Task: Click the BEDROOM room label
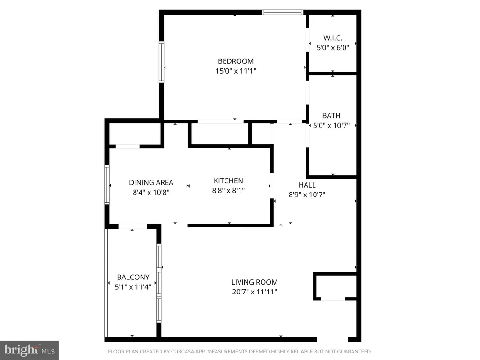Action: click(x=236, y=61)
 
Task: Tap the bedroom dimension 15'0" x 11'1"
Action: click(x=236, y=71)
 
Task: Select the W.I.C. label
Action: click(x=333, y=38)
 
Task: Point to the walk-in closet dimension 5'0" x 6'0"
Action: click(x=333, y=48)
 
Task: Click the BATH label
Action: click(x=331, y=116)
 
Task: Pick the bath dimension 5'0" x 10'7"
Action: click(x=331, y=126)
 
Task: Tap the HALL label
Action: click(x=307, y=185)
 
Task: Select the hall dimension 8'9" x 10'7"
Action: click(x=307, y=195)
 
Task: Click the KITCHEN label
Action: click(x=228, y=180)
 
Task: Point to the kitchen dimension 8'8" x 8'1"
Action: click(x=228, y=190)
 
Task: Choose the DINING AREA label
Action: click(x=151, y=183)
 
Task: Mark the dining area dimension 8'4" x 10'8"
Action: click(x=151, y=193)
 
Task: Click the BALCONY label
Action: click(x=133, y=277)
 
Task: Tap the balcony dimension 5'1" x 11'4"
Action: click(x=133, y=287)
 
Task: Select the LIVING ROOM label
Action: click(x=255, y=282)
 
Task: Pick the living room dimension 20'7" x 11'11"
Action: click(x=255, y=292)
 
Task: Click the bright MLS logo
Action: click(x=29, y=350)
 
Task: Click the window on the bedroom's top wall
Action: click(x=283, y=12)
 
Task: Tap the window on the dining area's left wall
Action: click(x=107, y=185)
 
